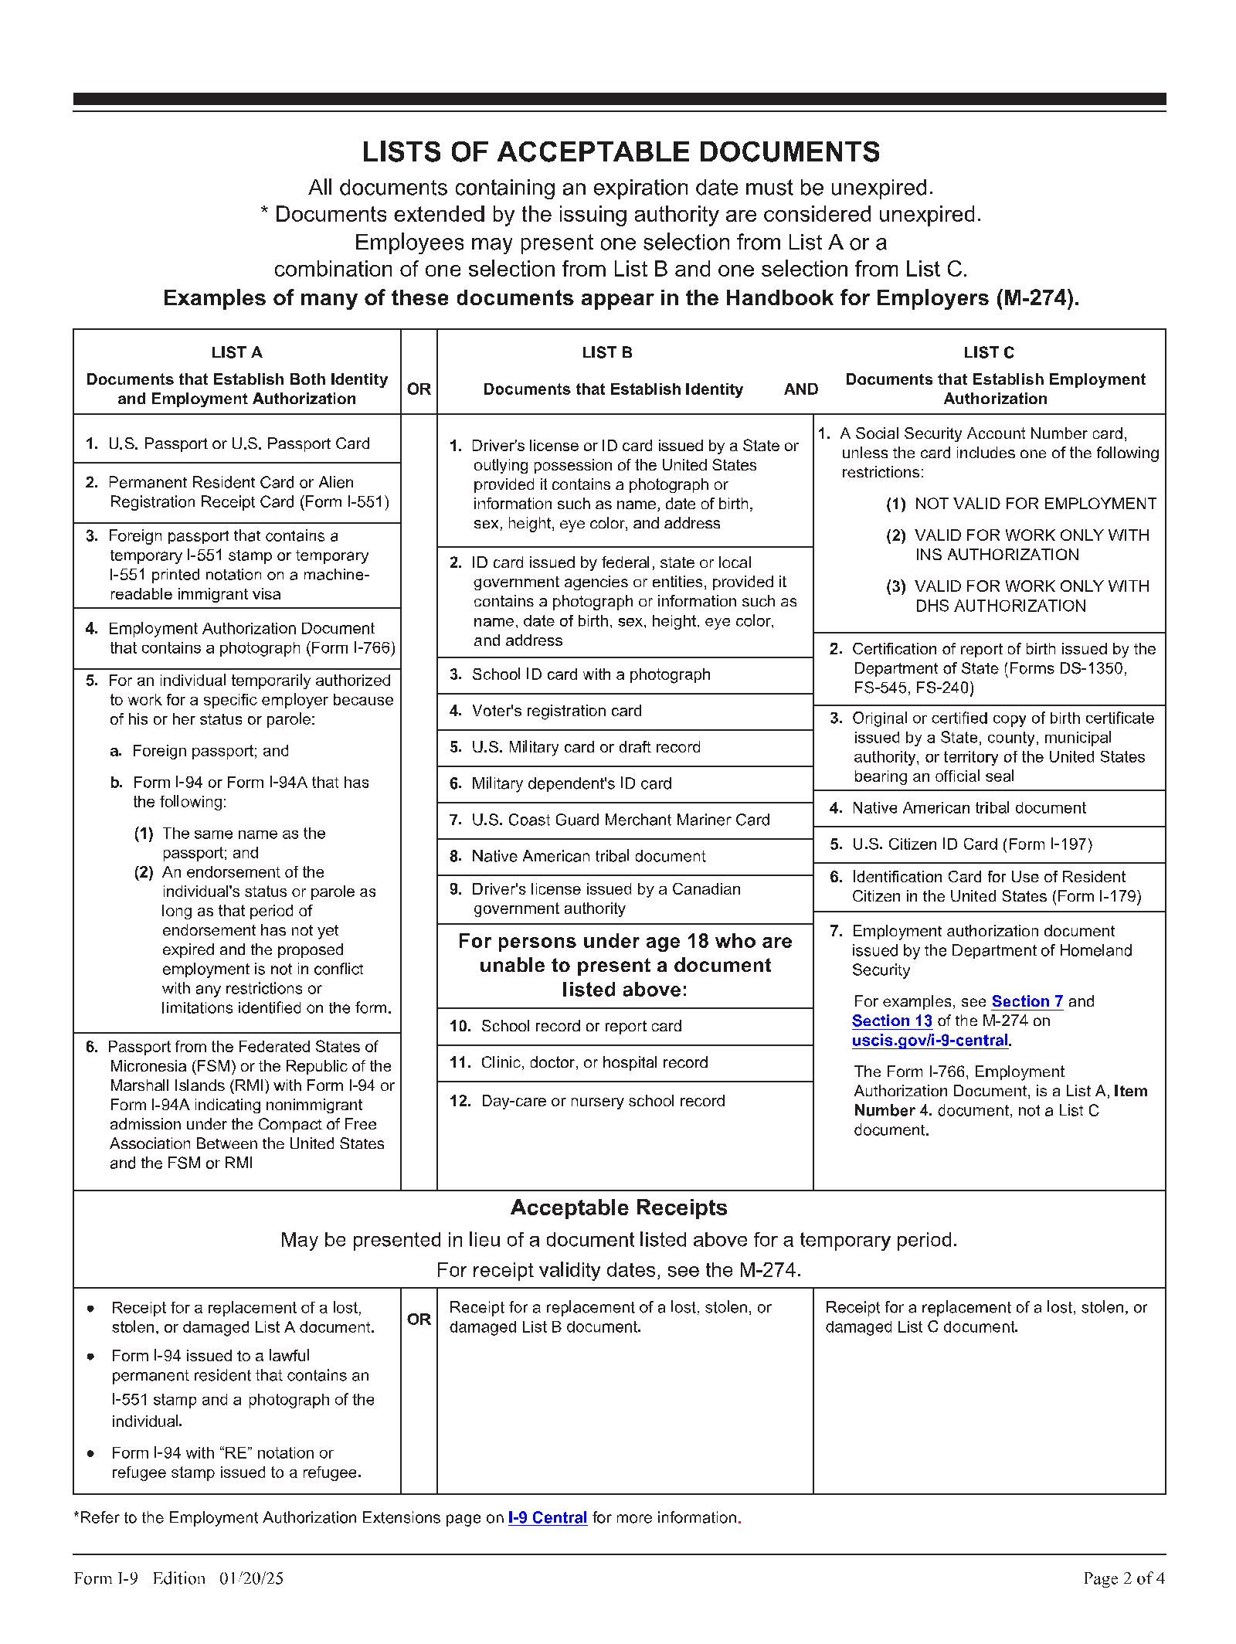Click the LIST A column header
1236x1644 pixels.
[236, 352]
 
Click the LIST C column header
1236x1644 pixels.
[988, 352]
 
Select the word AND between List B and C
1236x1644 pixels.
[800, 389]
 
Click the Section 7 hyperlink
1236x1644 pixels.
[1027, 1001]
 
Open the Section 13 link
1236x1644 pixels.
[891, 1021]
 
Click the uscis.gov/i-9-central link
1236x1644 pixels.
[930, 1040]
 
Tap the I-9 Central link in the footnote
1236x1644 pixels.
[547, 1517]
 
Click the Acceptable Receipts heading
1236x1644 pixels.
[619, 1208]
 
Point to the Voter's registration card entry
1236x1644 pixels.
[556, 711]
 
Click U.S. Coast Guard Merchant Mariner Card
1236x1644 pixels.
[620, 820]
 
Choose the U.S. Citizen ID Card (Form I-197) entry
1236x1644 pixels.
[971, 844]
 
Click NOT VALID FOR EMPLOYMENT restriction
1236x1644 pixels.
[1034, 504]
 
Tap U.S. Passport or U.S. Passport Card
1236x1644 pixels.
[238, 443]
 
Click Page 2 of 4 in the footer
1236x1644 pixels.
[1123, 1578]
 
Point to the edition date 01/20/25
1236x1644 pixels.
[251, 1578]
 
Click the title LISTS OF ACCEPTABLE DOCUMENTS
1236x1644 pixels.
[620, 152]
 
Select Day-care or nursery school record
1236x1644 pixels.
[603, 1101]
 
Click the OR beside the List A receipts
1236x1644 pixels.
[419, 1319]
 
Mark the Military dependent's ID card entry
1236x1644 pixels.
[571, 783]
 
